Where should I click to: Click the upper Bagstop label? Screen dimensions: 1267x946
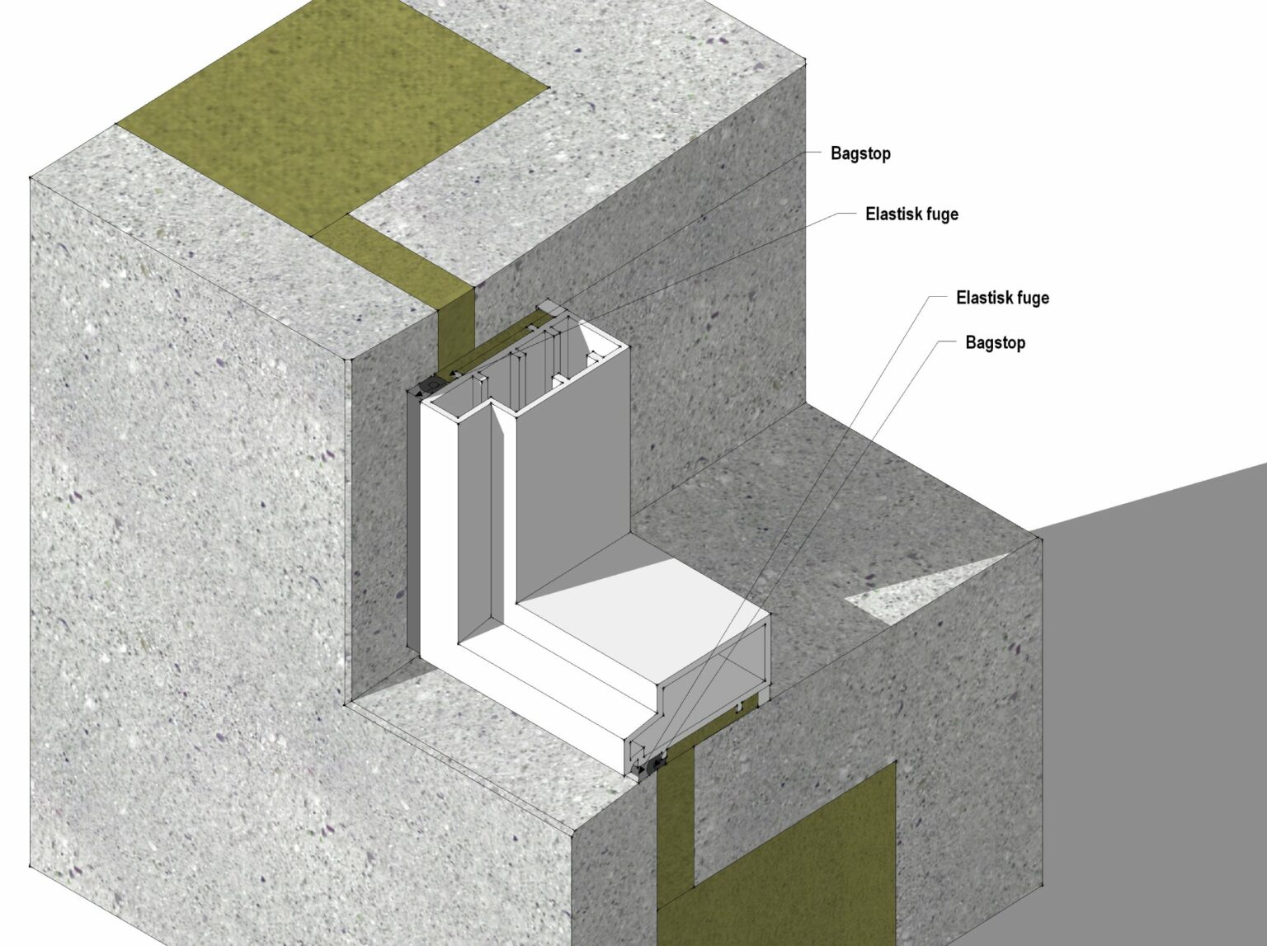pos(860,153)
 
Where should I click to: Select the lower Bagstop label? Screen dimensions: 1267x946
pos(995,343)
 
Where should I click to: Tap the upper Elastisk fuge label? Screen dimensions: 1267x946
pos(911,214)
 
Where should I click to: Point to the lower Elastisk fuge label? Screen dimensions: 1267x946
pos(1003,298)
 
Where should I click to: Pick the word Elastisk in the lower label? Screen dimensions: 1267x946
pos(981,298)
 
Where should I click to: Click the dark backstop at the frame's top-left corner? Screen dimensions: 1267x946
pos(430,384)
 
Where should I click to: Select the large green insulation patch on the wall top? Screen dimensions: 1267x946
pos(332,110)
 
